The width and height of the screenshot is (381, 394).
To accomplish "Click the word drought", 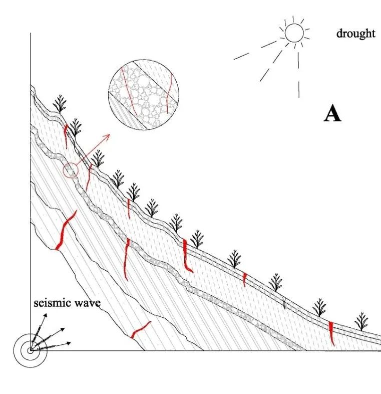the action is coord(355,34).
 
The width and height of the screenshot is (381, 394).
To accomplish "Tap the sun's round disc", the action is coord(294,33).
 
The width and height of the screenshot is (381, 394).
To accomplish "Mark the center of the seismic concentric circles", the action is coord(31,350).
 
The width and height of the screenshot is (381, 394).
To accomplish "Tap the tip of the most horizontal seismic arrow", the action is coord(71,342).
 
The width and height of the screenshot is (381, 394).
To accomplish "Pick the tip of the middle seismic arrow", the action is coord(65,328).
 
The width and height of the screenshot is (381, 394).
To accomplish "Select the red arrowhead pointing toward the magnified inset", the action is coord(108,136).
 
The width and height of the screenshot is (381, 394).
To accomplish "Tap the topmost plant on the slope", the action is coord(60,104).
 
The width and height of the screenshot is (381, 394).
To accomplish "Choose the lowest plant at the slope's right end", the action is coord(361,322).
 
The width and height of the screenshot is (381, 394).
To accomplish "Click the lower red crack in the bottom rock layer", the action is coord(141,329).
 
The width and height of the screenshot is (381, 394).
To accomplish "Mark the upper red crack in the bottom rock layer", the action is coord(65,231).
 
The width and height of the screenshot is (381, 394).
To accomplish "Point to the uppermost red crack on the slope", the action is coord(66,136).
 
